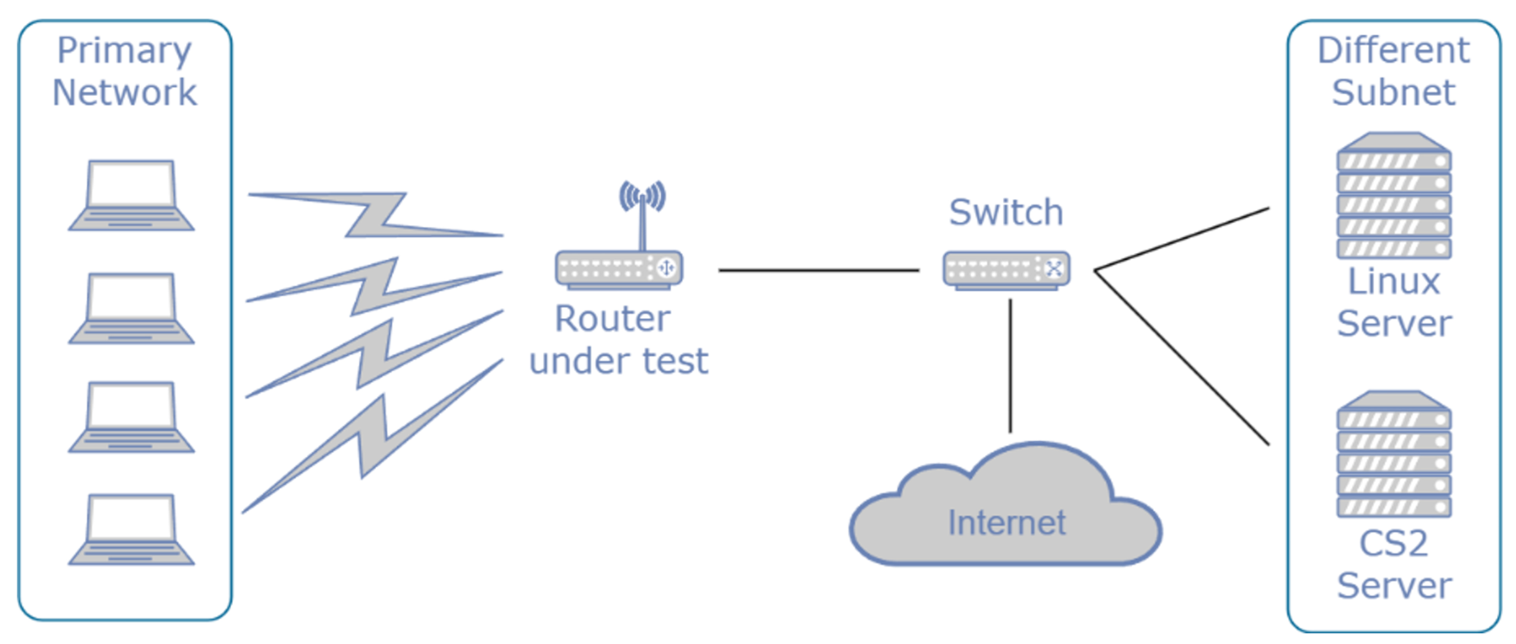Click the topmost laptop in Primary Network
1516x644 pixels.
131,195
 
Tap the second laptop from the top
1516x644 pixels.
131,308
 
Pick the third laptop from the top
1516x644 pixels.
131,417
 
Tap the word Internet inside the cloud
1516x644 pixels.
1006,522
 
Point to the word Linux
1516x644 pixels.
1394,282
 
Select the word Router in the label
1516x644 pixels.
612,319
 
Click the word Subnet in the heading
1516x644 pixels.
1394,92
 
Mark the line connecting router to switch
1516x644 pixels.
818,271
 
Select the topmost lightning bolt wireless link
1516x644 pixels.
377,215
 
